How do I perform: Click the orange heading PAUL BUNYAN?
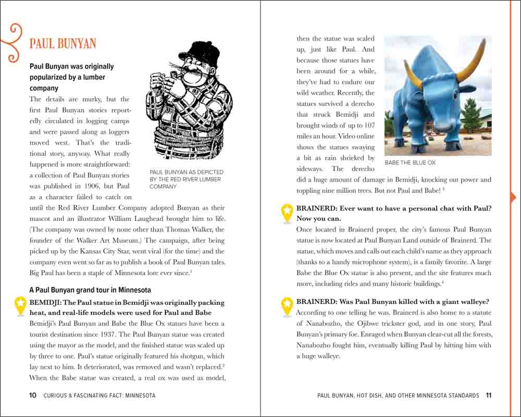pos(63,43)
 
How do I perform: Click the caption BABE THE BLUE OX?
pos(410,163)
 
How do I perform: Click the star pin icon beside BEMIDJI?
pos(20,306)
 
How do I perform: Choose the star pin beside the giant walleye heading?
pos(287,306)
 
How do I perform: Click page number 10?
pos(33,396)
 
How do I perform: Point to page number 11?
pos(488,396)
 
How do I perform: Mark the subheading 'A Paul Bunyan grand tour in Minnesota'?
pos(90,290)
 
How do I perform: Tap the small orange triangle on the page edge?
pos(514,197)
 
